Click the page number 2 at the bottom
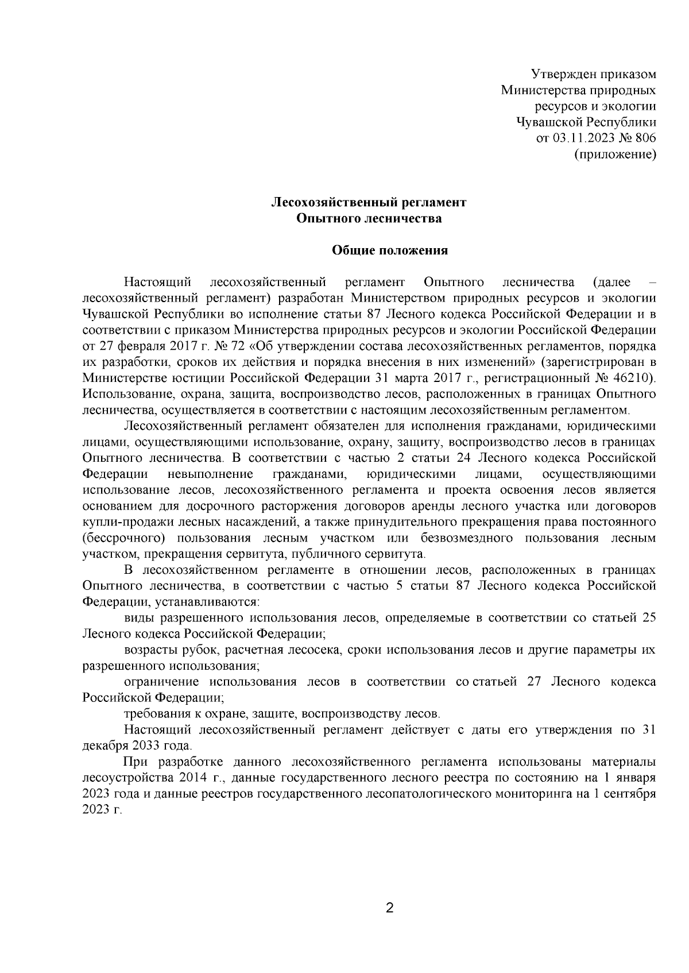tap(389, 908)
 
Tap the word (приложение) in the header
tap(615, 154)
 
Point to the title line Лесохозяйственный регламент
tap(368, 202)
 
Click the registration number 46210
tap(633, 378)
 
